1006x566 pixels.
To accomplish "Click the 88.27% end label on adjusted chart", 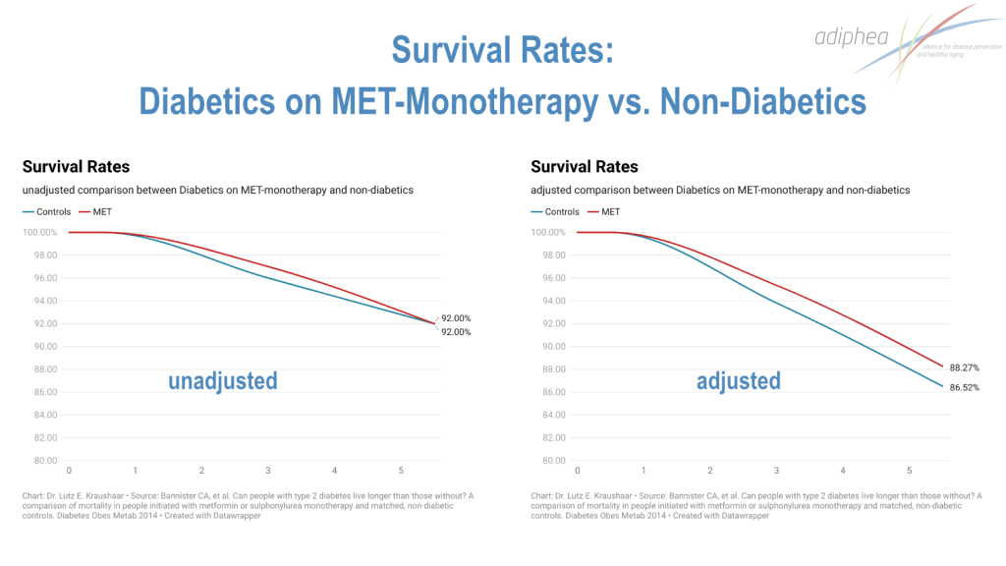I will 965,368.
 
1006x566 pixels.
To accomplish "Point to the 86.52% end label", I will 965,388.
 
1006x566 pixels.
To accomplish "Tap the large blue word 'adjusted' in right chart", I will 739,380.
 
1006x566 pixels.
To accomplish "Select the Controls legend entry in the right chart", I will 562,211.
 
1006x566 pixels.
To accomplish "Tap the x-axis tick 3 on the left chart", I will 267,471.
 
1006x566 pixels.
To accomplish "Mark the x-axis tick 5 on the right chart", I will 910,471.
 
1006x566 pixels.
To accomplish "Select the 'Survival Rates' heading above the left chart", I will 76,167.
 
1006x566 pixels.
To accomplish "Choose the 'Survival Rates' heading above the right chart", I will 585,167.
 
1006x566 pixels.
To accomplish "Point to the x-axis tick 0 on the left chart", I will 68,471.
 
